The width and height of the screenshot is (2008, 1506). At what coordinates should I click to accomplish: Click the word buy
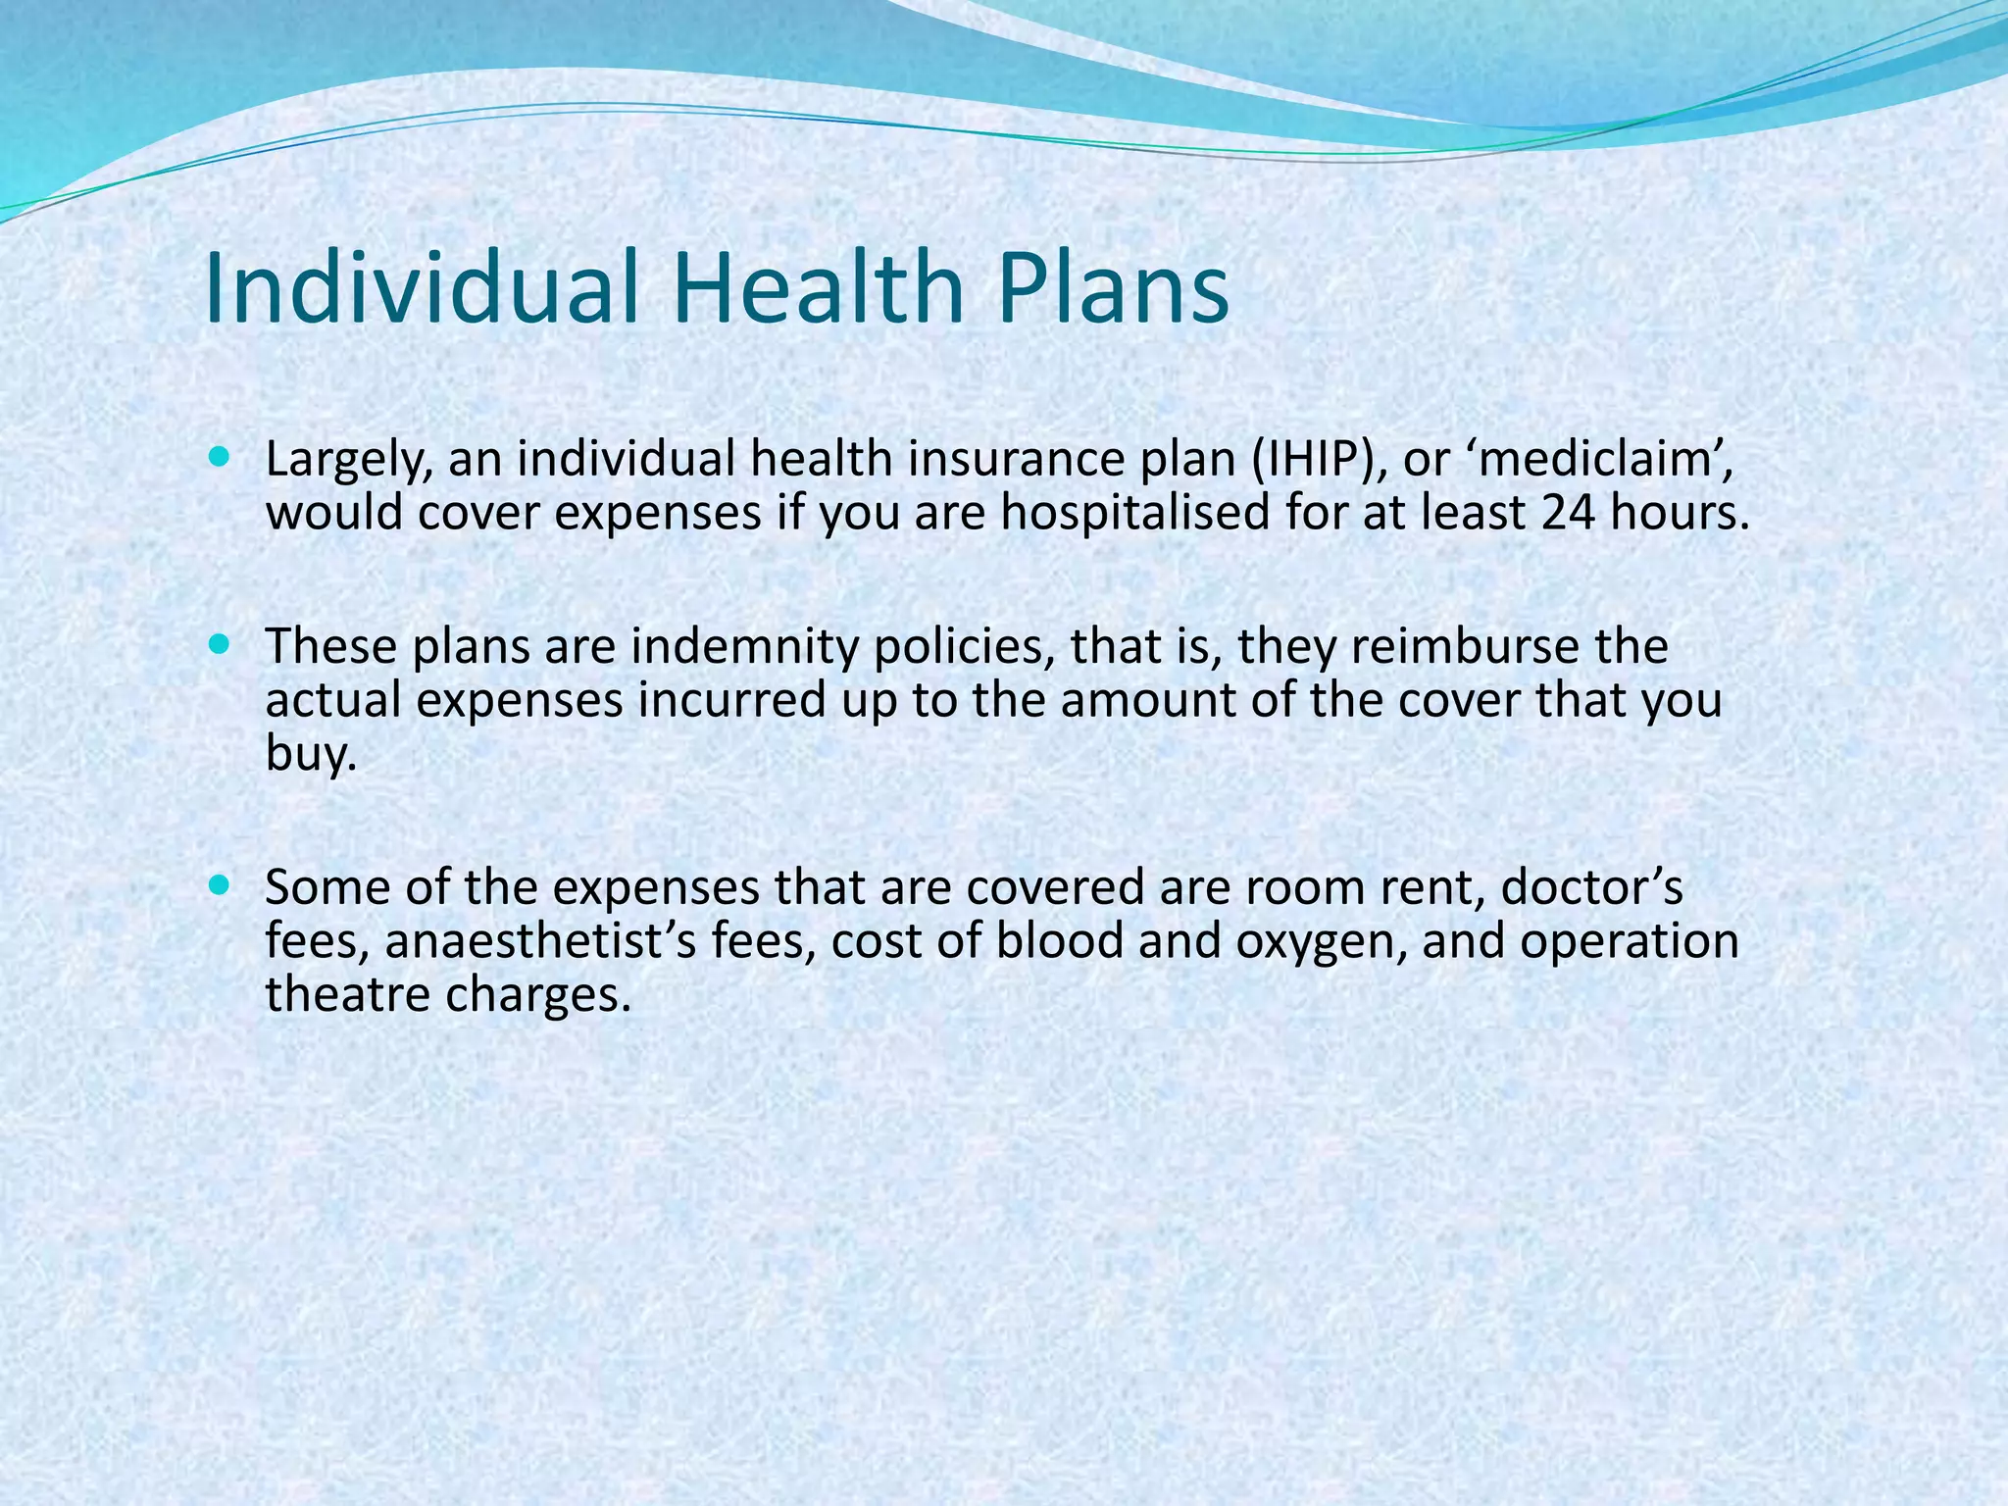[x=306, y=755]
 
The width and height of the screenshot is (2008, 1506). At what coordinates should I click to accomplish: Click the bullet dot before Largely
[x=219, y=457]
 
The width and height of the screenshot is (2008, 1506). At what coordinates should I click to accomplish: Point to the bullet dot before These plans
[x=219, y=644]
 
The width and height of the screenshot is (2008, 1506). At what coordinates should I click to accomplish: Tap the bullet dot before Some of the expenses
[x=219, y=884]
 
